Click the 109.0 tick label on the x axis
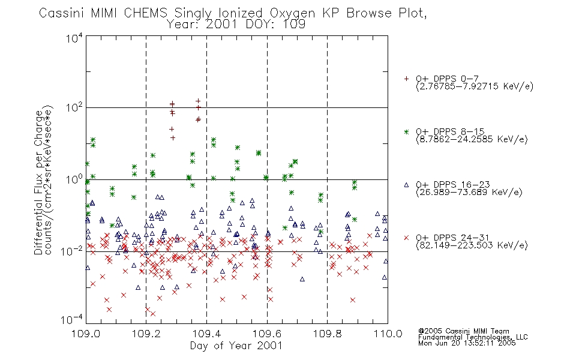85,334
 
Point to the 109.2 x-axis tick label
146,334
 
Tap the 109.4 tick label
206,334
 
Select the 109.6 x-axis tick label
267,334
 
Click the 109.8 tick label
327,334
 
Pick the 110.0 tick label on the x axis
388,334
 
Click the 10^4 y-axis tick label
74,38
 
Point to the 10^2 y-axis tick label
74,108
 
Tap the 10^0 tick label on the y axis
74,179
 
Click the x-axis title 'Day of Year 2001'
236,346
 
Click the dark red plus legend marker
406,79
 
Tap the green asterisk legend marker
406,131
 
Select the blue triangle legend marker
406,185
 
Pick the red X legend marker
406,238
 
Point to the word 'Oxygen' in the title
293,13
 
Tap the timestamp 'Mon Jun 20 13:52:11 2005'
467,343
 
